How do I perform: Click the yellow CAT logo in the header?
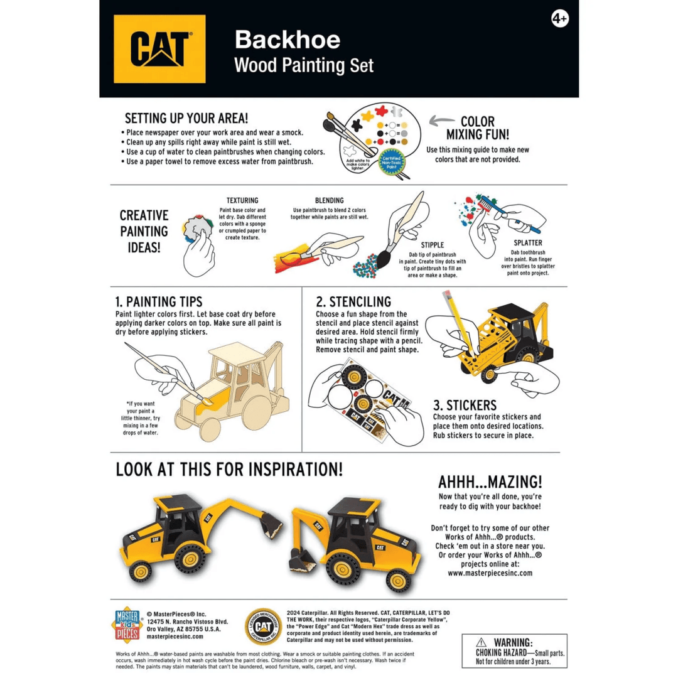point(159,49)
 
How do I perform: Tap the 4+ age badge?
point(559,19)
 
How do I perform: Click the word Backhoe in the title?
point(288,40)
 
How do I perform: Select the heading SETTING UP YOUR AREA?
point(186,118)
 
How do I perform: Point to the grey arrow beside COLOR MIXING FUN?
point(443,121)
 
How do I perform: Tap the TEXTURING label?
point(242,200)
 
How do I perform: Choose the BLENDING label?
point(329,200)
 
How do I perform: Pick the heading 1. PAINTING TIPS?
point(159,302)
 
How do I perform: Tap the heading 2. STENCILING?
point(353,302)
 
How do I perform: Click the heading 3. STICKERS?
point(465,405)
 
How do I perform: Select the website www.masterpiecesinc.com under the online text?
point(490,573)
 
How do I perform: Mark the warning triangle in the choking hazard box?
point(482,642)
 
